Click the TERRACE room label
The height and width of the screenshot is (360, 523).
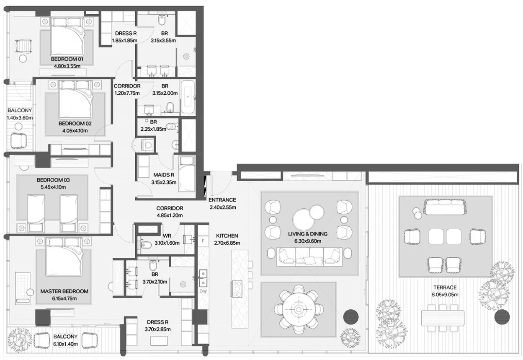[445, 287]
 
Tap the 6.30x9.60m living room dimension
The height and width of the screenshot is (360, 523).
[307, 241]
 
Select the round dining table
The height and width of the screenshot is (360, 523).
[299, 310]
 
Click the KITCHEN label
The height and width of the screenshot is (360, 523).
[227, 236]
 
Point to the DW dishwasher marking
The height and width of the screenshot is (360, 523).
[203, 291]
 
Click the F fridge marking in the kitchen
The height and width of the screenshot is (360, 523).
[203, 241]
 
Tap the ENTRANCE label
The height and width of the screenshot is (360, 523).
[222, 200]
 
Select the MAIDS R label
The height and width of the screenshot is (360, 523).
[164, 175]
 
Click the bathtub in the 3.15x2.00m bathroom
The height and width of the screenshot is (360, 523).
[188, 97]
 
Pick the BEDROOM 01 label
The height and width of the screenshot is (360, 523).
[67, 59]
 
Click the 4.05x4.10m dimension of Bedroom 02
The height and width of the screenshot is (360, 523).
[75, 131]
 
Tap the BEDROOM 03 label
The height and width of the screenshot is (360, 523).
[53, 180]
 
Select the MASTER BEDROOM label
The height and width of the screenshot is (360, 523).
[64, 291]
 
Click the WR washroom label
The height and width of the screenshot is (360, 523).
[167, 236]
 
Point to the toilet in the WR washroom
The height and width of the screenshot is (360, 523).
[145, 245]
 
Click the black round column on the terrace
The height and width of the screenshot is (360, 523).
[502, 317]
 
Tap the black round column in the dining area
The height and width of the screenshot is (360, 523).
[351, 317]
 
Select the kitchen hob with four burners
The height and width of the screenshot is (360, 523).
[237, 289]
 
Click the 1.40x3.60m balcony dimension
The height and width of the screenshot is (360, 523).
[20, 118]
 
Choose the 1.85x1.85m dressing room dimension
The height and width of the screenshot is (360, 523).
[125, 40]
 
